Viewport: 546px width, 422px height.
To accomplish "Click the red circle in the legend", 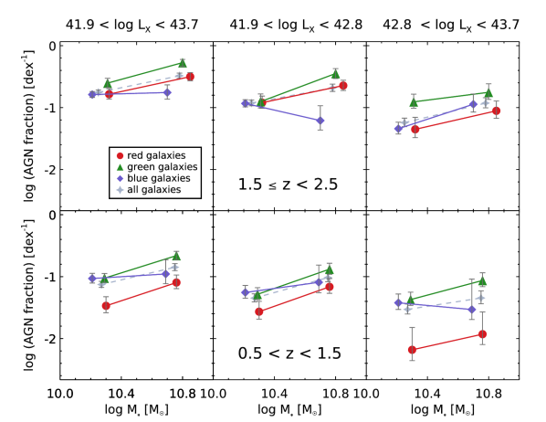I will tap(120, 156).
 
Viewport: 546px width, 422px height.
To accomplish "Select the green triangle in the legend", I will tap(120, 167).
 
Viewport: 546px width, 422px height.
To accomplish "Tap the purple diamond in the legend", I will tap(120, 179).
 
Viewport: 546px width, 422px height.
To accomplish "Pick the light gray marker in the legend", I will tap(120, 190).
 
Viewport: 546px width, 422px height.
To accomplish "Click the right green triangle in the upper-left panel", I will tap(182, 63).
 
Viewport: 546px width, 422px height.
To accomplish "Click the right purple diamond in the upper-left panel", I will tap(167, 92).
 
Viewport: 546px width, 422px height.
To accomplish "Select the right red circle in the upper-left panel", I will tap(190, 77).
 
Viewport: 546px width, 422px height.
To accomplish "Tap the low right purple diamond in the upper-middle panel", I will tap(320, 121).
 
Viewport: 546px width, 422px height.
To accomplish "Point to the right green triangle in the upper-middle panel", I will tap(335, 73).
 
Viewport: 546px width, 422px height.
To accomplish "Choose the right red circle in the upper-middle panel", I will tap(342, 85).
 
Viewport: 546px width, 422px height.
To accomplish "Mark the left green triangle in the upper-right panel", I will tap(414, 102).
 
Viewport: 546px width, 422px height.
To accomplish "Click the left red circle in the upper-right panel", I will tap(415, 129).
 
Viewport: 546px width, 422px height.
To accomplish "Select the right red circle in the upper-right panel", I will tap(496, 111).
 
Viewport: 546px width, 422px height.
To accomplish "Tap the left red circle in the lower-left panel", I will tap(106, 306).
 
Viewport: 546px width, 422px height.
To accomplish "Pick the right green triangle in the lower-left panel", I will tap(176, 256).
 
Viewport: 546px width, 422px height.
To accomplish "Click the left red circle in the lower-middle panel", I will tap(259, 311).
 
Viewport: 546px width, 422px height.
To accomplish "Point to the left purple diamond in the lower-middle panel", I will tap(245, 292).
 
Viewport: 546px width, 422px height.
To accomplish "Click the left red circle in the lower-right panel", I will tap(412, 349).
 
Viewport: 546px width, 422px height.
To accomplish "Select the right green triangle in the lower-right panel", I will tap(482, 281).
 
